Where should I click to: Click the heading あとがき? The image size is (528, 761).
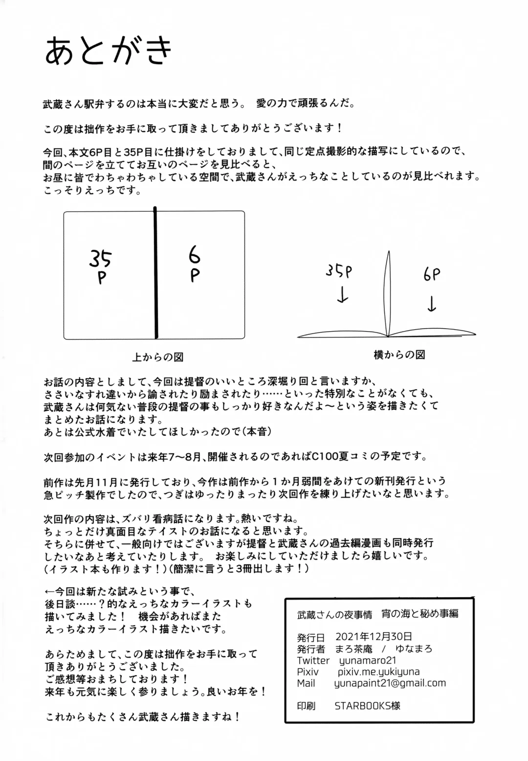[109, 51]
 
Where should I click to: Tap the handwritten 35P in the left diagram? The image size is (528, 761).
[101, 267]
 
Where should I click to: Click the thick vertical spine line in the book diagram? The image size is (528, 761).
[156, 274]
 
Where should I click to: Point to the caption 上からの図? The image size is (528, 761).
[157, 358]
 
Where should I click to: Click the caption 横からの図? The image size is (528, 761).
[399, 355]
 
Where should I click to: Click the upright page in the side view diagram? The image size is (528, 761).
[389, 293]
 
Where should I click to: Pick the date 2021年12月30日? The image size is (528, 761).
[374, 637]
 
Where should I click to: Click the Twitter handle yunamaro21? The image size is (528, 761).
[368, 660]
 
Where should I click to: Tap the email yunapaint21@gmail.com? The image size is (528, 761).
[390, 683]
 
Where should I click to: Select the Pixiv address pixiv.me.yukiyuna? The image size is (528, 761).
[378, 672]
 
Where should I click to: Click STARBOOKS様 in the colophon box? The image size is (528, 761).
[367, 706]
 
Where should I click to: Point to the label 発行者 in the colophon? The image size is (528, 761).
[310, 649]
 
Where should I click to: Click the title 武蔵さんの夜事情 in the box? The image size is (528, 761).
[334, 614]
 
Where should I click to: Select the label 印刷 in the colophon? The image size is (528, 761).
[306, 706]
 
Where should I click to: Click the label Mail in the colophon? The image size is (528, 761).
[306, 683]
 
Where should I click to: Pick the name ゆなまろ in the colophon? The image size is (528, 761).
[414, 649]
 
